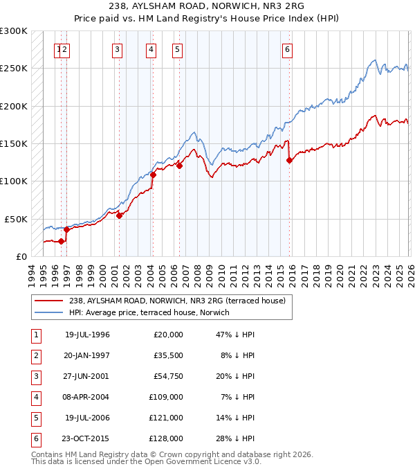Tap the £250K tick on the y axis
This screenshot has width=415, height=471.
[14, 69]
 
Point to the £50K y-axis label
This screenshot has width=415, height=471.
[16, 219]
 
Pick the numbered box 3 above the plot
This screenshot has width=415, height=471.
[118, 49]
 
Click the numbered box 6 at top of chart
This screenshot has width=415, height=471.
[286, 49]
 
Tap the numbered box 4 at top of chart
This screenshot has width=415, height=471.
[151, 49]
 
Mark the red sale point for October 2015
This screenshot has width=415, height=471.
[289, 160]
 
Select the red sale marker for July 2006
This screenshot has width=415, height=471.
[179, 166]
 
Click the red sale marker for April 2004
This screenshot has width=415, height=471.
[153, 175]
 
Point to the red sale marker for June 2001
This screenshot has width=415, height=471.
[119, 215]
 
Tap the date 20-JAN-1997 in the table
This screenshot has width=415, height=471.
[87, 355]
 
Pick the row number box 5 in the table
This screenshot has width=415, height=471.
[35, 418]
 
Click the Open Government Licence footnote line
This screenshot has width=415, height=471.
[146, 461]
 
